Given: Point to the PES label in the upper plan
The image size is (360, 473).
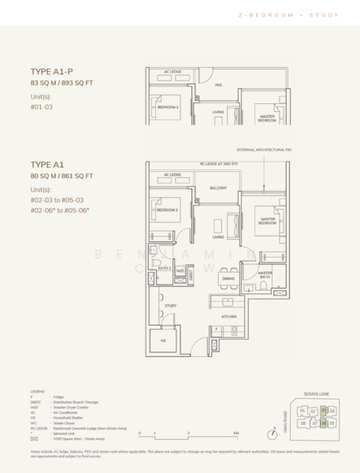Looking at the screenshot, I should pyautogui.click(x=218, y=84).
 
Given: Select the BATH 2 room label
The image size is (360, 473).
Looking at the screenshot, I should pyautogui.click(x=164, y=269).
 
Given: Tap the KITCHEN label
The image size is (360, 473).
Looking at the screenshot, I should pyautogui.click(x=229, y=316).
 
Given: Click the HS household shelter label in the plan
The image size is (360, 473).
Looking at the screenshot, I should pyautogui.click(x=163, y=341).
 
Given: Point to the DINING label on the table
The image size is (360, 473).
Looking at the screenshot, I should pyautogui.click(x=228, y=279).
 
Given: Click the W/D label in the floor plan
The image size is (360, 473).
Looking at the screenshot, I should pyautogui.click(x=180, y=270).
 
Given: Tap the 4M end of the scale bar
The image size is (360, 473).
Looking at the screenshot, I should pyautogui.click(x=236, y=434).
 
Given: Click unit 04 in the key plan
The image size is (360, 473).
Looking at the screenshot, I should pyautogui.click(x=332, y=410).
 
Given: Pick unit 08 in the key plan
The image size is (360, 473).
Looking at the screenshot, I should pyautogui.click(x=302, y=423).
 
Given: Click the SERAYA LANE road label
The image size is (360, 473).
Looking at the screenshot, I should pyautogui.click(x=313, y=393).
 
